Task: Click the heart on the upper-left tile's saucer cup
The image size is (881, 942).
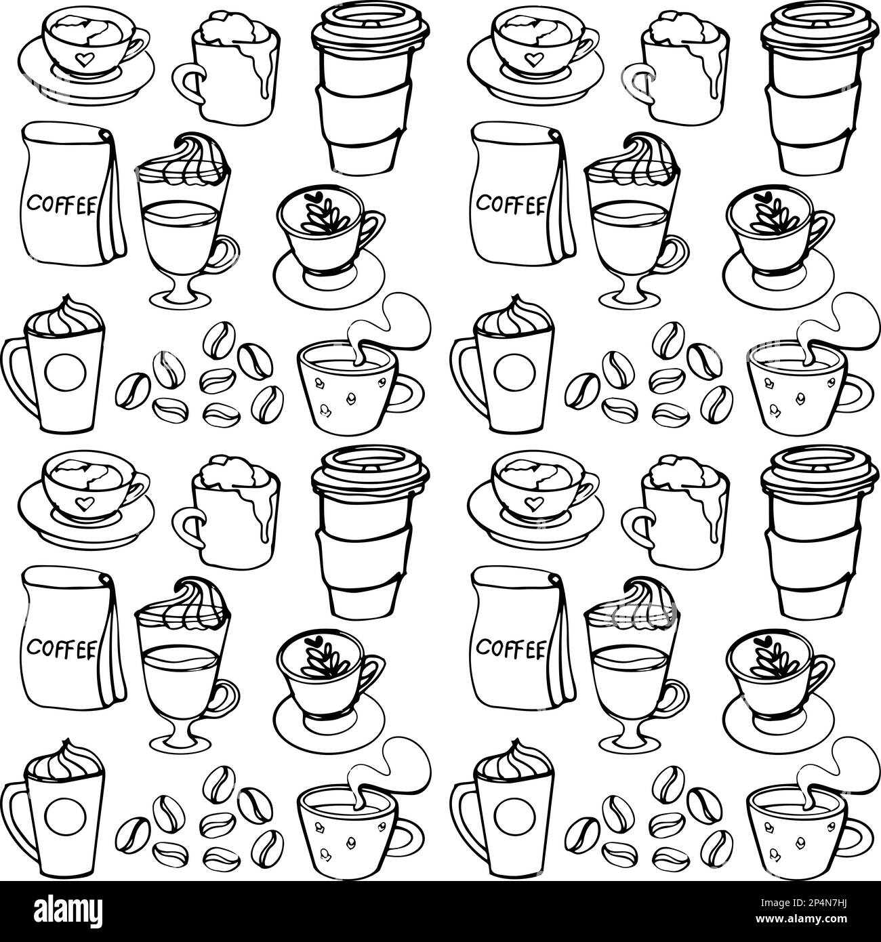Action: pos(83,58)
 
